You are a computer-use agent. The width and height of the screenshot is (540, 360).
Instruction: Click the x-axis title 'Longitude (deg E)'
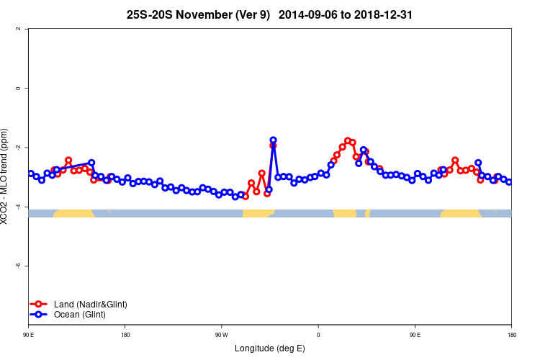(x=269, y=348)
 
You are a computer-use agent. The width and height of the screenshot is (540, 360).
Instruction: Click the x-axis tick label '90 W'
(x=221, y=334)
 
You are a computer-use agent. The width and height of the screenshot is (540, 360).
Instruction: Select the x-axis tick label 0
(x=318, y=334)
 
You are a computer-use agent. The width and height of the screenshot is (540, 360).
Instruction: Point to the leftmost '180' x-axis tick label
(x=125, y=334)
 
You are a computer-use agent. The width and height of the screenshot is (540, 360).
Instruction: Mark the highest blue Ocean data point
(x=274, y=140)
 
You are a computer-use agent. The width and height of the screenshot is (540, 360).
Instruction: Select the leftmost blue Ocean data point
(x=31, y=174)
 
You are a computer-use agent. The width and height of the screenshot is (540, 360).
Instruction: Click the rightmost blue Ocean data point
(x=509, y=182)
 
